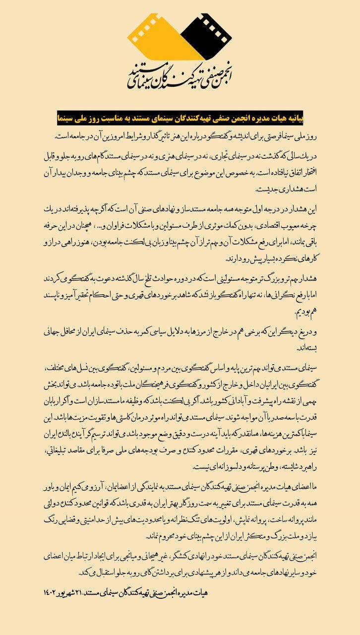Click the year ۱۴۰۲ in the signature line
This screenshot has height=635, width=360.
[52, 593]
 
